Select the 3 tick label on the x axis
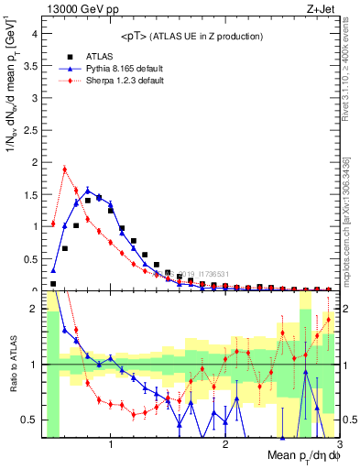(338, 444)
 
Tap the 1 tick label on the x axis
(111, 444)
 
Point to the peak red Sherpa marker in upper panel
(65, 169)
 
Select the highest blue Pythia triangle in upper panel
(88, 191)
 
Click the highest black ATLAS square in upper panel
(99, 197)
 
